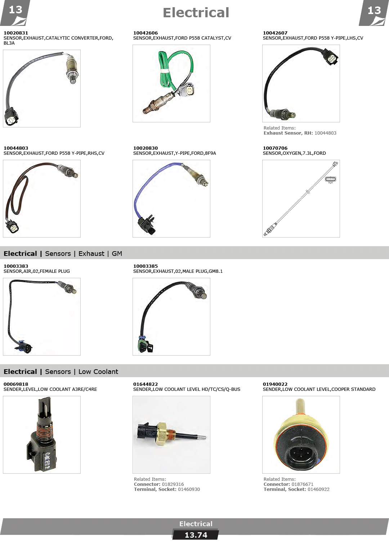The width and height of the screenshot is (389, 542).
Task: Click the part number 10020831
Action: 16,33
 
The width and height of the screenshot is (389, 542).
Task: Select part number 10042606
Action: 145,33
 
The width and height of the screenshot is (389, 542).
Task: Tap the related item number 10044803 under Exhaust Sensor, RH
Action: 325,133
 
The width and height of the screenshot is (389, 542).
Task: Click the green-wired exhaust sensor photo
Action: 171,83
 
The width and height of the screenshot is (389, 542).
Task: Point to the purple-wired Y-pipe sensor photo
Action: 171,199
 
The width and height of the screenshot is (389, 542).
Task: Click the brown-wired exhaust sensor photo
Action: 42,199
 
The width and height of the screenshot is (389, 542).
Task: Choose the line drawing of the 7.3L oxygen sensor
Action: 301,199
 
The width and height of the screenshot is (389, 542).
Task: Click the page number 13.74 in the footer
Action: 196,535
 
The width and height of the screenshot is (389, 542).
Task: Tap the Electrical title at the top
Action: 196,13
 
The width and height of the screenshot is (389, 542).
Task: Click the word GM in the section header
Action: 117,254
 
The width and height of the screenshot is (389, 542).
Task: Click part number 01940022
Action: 275,384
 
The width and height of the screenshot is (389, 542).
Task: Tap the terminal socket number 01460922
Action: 318,489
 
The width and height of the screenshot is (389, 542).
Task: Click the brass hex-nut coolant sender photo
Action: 171,435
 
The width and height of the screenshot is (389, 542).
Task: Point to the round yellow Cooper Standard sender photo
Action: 301,435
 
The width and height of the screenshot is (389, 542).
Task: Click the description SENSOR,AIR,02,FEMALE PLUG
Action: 37,271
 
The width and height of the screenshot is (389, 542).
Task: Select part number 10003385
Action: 145,266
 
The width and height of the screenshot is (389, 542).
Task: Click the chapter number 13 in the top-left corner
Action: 15,10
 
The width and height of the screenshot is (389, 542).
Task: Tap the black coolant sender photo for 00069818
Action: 42,435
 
